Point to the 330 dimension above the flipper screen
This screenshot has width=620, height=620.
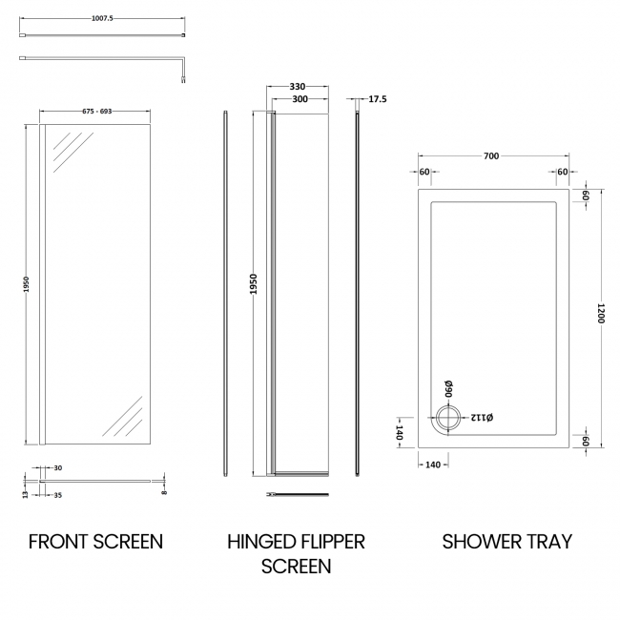pyautogui.click(x=300, y=87)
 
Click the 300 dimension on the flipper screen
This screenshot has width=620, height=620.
pyautogui.click(x=300, y=99)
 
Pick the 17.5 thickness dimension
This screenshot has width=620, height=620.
pyautogui.click(x=377, y=99)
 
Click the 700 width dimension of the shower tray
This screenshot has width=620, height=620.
pyautogui.click(x=492, y=155)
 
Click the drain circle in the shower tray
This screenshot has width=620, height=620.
pyautogui.click(x=447, y=416)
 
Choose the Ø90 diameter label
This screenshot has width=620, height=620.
pyautogui.click(x=447, y=388)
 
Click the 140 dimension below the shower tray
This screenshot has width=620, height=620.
pyautogui.click(x=432, y=465)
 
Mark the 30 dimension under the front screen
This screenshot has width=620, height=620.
pyautogui.click(x=58, y=467)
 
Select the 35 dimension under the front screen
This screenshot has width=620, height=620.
pyautogui.click(x=59, y=496)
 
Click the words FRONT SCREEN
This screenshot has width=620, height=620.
pyautogui.click(x=95, y=542)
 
